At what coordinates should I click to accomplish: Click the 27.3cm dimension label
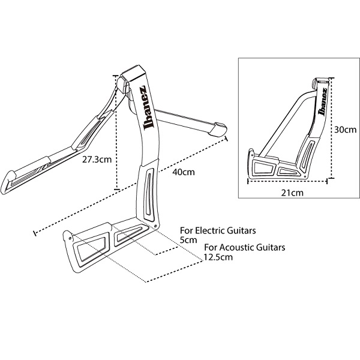tap(97, 160)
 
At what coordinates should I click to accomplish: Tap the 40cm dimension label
tap(184, 172)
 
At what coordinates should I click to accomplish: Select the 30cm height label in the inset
tap(346, 130)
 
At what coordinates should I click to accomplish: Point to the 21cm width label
tap(292, 193)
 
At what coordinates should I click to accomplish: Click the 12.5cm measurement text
tap(218, 257)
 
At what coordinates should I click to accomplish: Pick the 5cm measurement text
tap(188, 240)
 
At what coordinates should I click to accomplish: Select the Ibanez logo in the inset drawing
tap(322, 101)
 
